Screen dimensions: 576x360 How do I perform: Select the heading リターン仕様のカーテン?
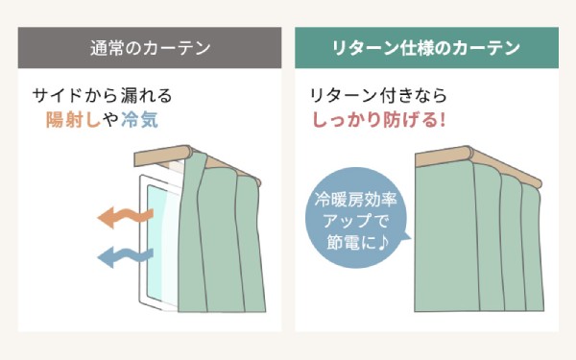coord(426,47)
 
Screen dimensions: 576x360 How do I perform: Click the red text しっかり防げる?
coord(378,121)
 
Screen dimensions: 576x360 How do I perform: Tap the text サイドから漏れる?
coord(102,96)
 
